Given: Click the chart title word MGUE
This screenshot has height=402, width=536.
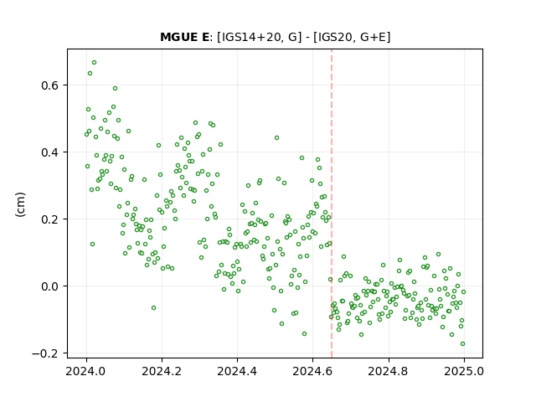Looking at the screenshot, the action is click(178, 37).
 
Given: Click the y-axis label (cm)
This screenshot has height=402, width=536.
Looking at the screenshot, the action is click(20, 204).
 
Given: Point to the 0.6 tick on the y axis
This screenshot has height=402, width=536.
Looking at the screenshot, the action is click(50, 85).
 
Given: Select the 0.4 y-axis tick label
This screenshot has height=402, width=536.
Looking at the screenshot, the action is click(50, 152).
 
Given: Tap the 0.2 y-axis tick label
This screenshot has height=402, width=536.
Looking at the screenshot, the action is click(50, 219).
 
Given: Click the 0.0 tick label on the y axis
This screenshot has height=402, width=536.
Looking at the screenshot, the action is click(50, 286).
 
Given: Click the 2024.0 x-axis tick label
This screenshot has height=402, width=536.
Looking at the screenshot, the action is click(86, 371).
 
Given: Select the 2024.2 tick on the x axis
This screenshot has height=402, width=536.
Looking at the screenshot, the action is click(162, 371).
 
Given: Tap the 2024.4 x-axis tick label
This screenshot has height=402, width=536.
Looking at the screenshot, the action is click(237, 371).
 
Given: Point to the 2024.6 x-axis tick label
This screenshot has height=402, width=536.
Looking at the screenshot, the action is click(312, 371).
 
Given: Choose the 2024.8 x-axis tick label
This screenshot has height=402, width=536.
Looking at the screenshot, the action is click(389, 371).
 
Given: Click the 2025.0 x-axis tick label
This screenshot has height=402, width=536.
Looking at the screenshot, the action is click(464, 371).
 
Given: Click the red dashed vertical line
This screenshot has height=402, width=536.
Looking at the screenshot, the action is click(332, 204).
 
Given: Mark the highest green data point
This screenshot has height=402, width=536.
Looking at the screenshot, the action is click(95, 63).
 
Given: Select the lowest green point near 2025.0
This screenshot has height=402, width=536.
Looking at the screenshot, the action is click(463, 344).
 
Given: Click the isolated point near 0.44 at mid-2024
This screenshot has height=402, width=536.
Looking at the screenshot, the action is click(277, 137).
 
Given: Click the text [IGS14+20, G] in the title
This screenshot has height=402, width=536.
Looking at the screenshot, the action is click(260, 37).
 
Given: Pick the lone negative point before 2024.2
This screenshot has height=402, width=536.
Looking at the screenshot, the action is click(154, 308).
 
